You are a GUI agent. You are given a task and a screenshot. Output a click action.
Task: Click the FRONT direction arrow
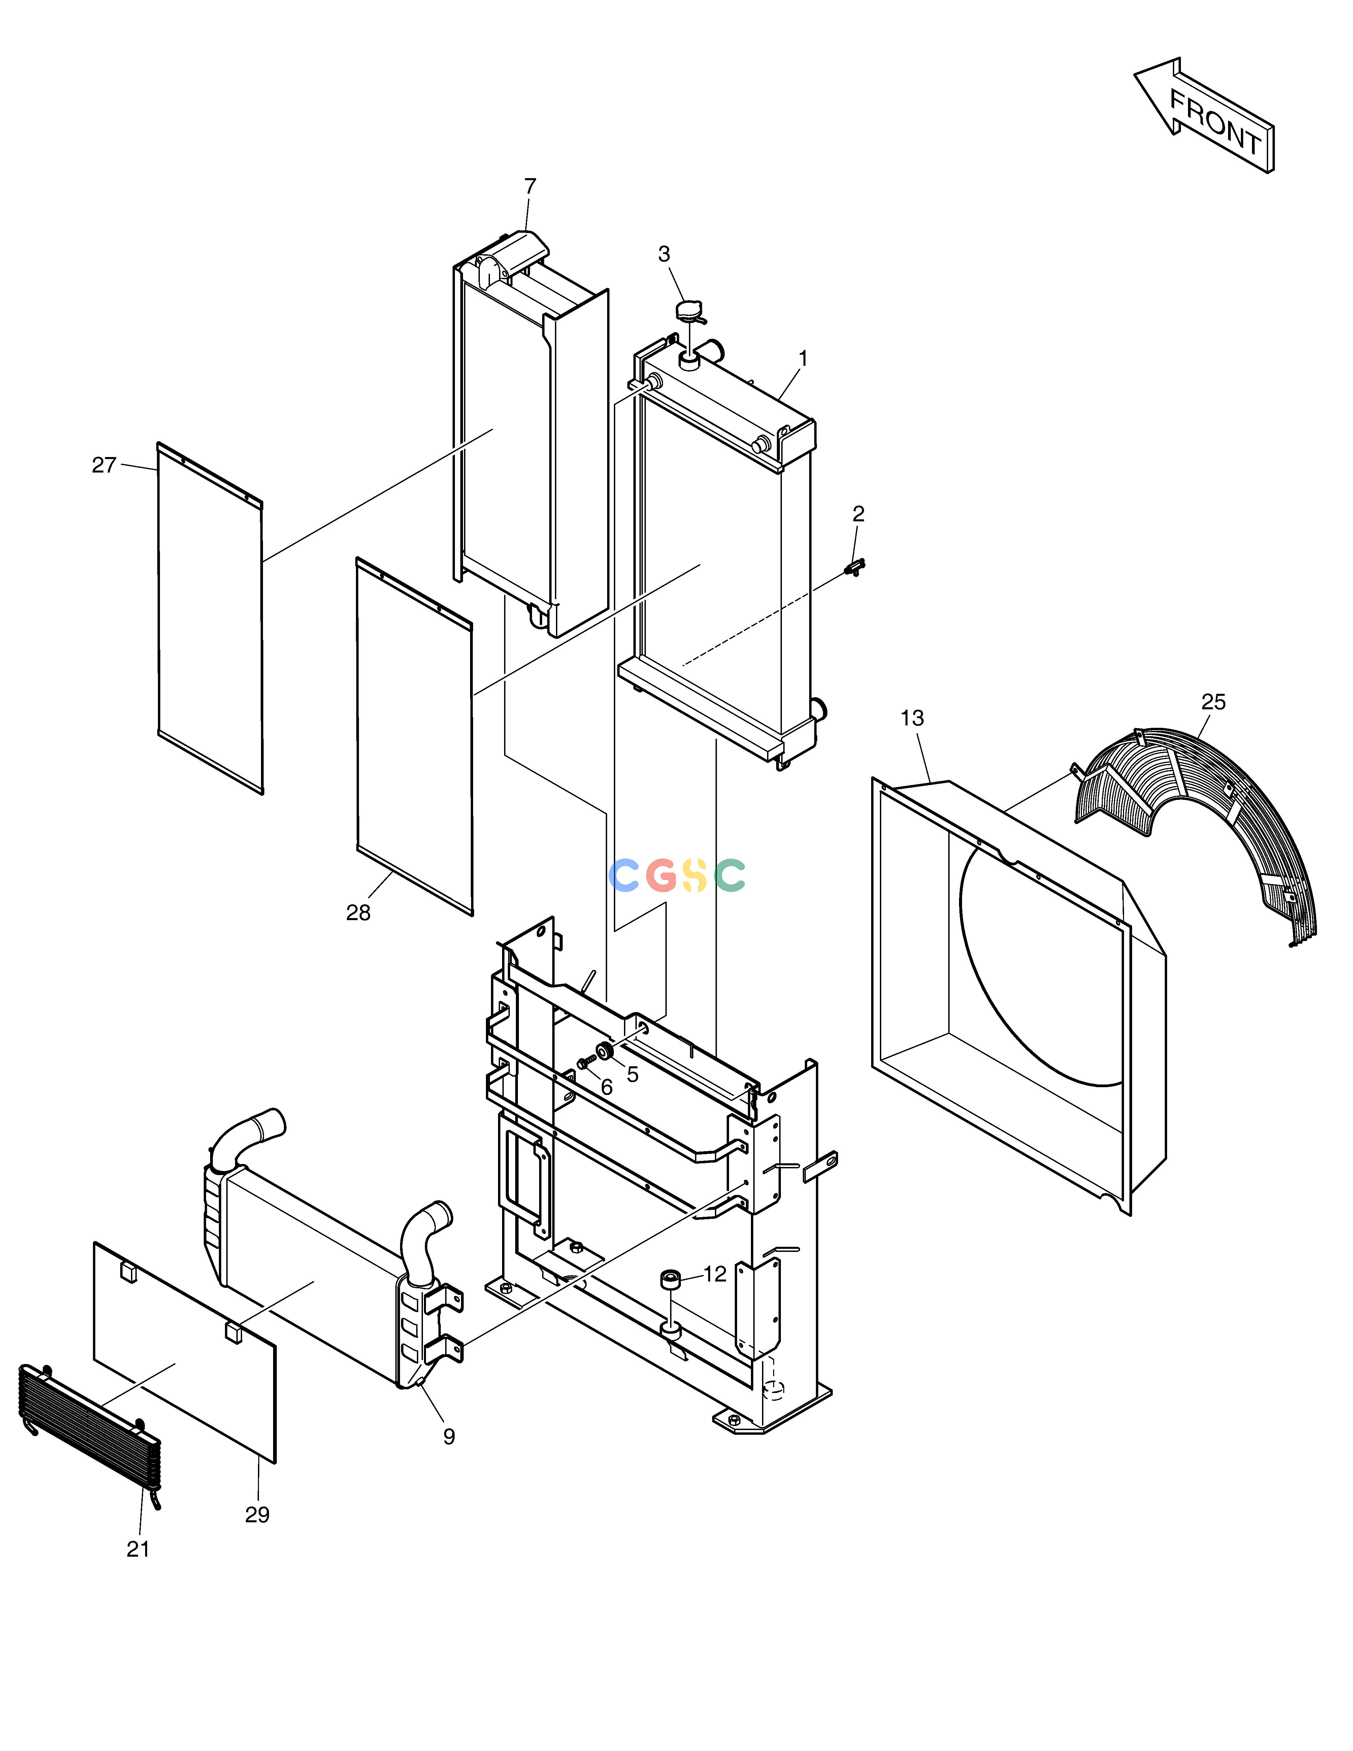pyautogui.click(x=1204, y=115)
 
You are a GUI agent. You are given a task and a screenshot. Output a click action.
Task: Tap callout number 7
pyautogui.click(x=530, y=186)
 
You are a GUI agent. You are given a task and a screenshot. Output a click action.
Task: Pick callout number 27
pyautogui.click(x=104, y=465)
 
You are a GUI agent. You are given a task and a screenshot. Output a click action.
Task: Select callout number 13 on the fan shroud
pyautogui.click(x=912, y=718)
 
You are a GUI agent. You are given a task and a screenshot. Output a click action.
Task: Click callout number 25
pyautogui.click(x=1214, y=702)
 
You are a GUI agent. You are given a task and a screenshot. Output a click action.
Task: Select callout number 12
pyautogui.click(x=715, y=1274)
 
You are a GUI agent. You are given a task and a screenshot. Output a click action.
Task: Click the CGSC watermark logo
pyautogui.click(x=677, y=876)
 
